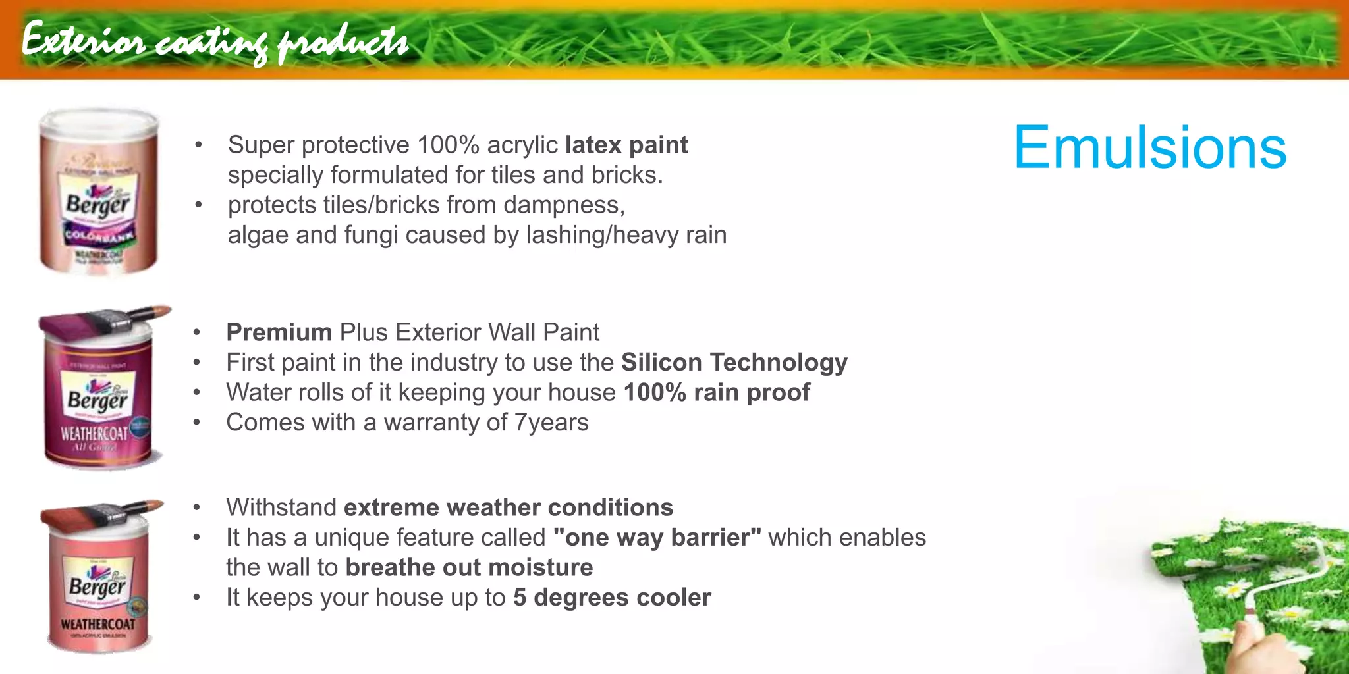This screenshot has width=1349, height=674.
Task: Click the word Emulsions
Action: click(x=1149, y=148)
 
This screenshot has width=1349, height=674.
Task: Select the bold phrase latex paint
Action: click(x=626, y=145)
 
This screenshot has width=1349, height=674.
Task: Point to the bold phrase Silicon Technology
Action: click(x=734, y=363)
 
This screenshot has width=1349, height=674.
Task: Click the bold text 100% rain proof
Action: click(x=717, y=393)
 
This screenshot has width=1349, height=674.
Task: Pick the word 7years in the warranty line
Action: click(x=551, y=423)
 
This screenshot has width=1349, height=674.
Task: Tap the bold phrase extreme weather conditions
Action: click(x=508, y=507)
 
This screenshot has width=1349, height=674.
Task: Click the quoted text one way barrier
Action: click(x=657, y=538)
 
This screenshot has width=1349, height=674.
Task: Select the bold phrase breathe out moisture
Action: click(x=469, y=567)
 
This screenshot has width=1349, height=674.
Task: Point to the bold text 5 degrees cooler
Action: click(x=612, y=598)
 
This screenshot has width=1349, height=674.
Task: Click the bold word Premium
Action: click(x=279, y=332)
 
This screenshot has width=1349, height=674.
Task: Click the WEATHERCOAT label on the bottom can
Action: click(x=97, y=623)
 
